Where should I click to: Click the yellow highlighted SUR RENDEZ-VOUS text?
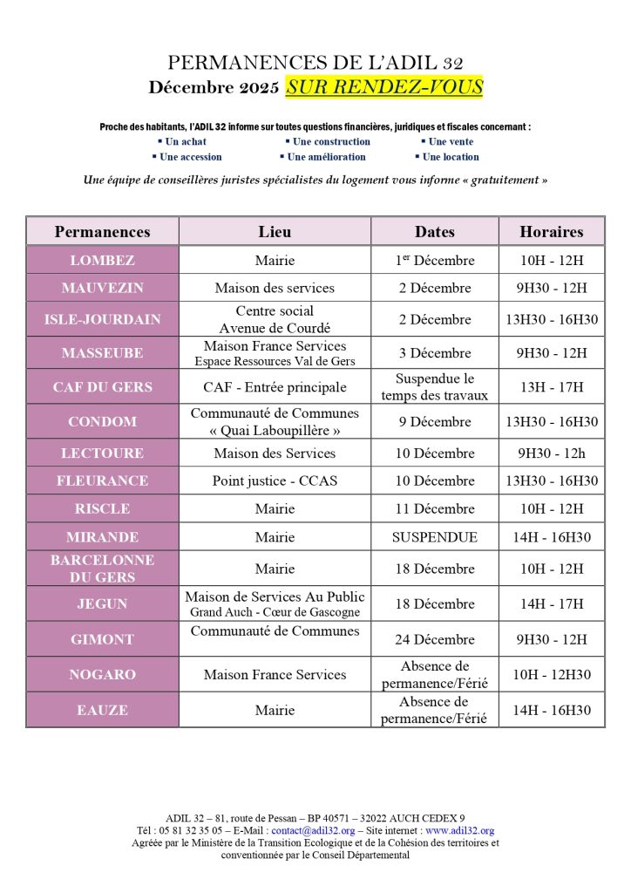click(x=383, y=87)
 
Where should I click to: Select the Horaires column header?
click(x=551, y=231)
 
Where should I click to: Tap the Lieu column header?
click(x=275, y=231)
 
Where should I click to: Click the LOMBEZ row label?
click(x=102, y=260)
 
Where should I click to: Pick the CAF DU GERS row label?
click(x=102, y=387)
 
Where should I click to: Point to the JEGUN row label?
click(x=102, y=603)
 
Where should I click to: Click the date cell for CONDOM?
click(x=434, y=422)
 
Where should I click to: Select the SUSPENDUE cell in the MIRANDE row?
click(x=434, y=537)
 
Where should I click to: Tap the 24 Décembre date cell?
click(x=434, y=639)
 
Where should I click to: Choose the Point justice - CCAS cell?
click(x=275, y=481)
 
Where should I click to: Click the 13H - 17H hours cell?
click(x=551, y=387)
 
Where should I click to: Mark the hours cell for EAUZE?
click(x=551, y=710)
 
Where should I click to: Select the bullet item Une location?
click(x=451, y=157)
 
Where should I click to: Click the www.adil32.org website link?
click(x=459, y=831)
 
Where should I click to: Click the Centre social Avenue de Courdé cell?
click(x=275, y=319)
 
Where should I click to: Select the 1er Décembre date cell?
click(x=434, y=260)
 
